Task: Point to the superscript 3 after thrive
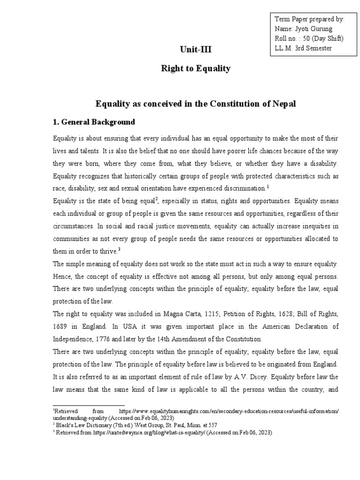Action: point(120,249)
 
